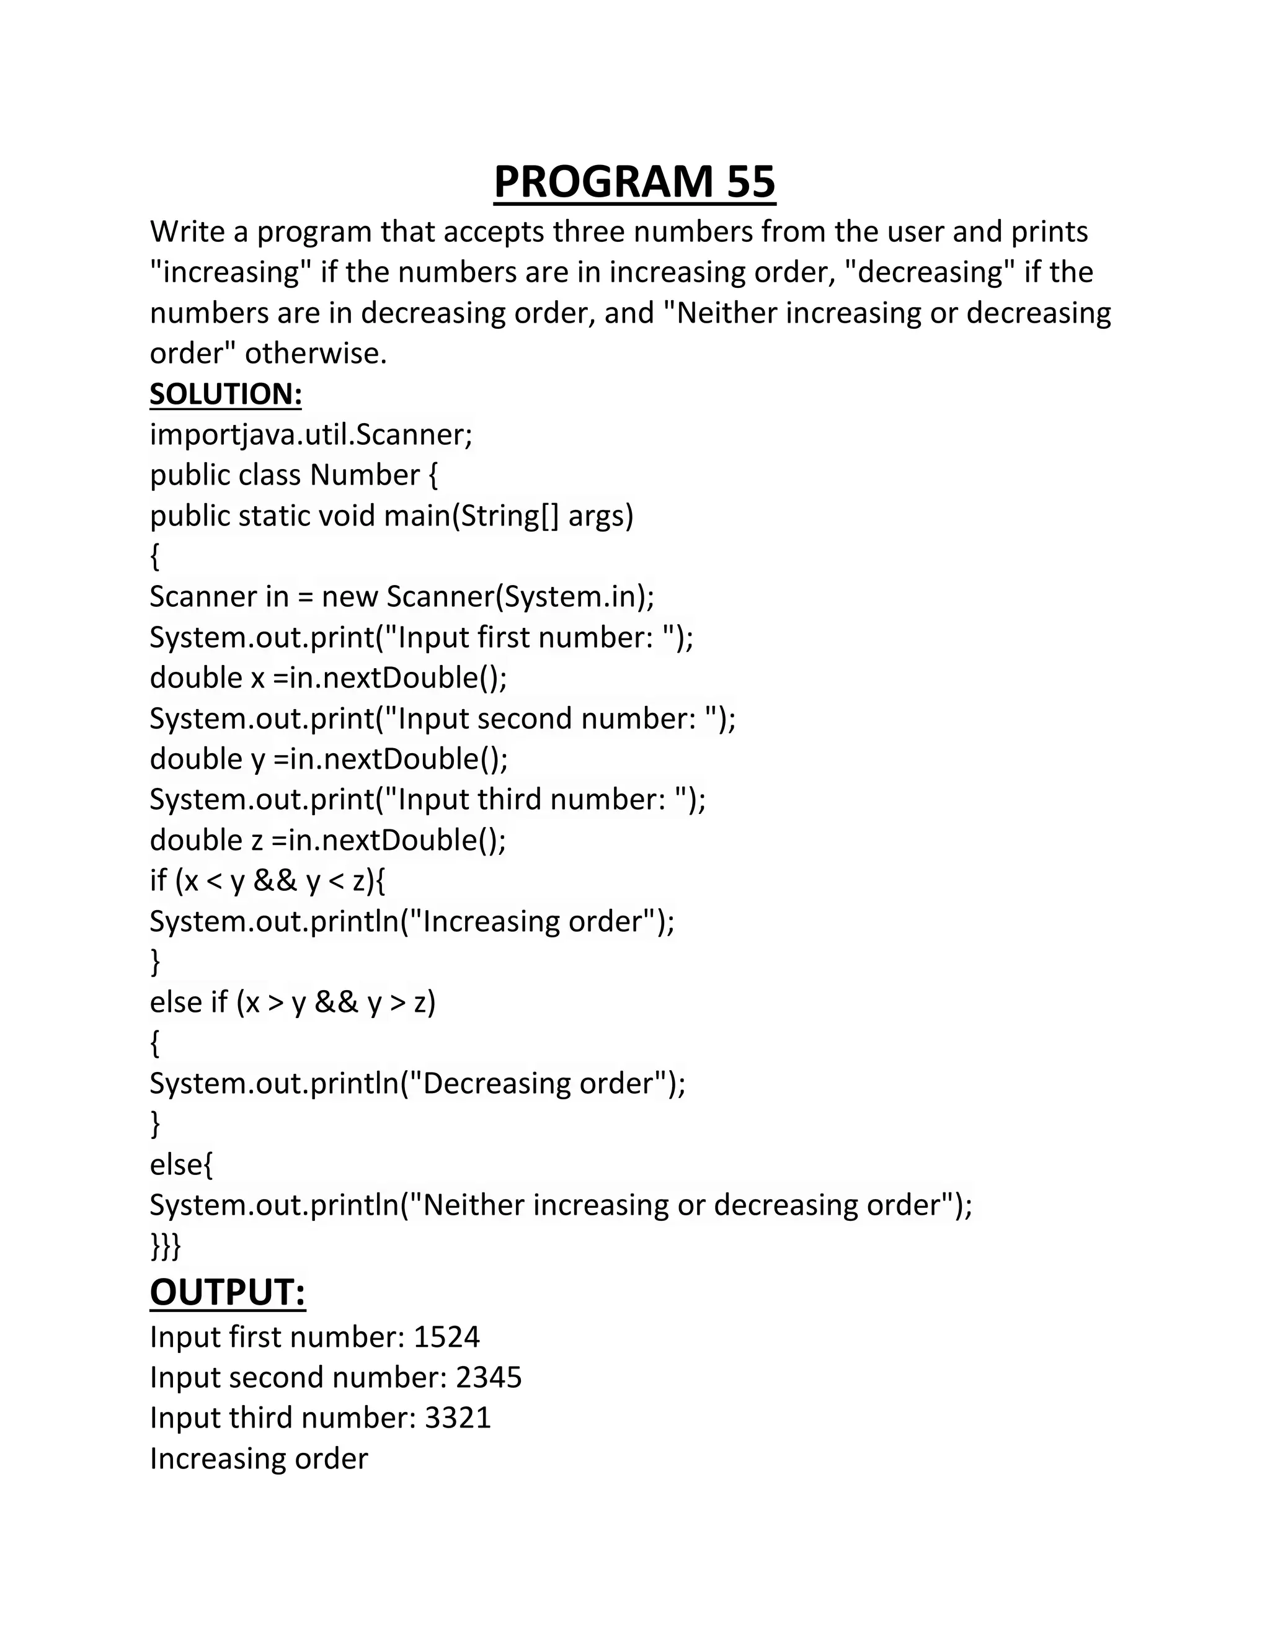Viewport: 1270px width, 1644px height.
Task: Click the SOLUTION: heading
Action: point(226,394)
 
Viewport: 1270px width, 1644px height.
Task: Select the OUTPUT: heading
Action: point(227,1292)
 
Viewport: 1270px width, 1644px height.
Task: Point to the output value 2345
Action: point(488,1377)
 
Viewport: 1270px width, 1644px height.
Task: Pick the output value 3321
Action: point(458,1418)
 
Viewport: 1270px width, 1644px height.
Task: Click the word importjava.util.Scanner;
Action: point(311,434)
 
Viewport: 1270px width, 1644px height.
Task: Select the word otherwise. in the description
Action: point(316,353)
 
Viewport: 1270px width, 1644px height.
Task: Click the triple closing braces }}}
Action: point(166,1246)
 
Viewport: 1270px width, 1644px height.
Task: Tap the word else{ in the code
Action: point(181,1164)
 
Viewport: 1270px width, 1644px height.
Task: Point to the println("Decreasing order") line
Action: point(417,1083)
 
